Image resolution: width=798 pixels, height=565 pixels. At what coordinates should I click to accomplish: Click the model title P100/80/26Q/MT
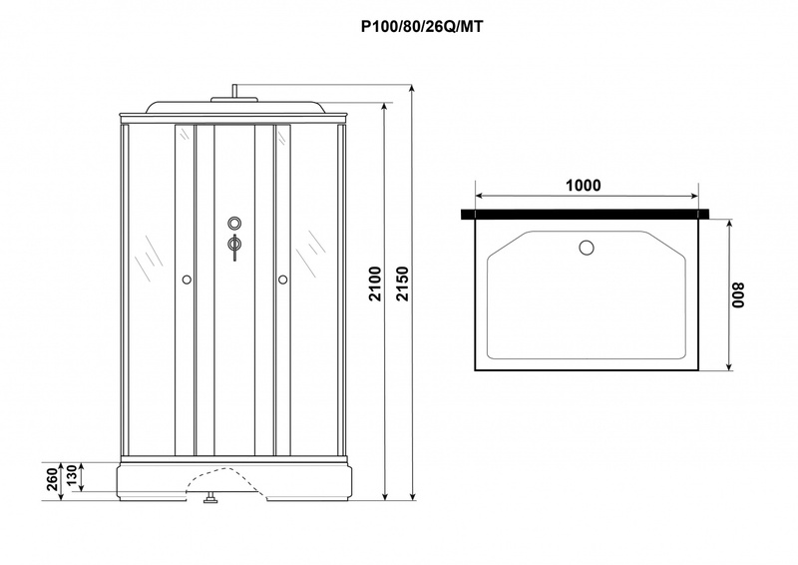421,27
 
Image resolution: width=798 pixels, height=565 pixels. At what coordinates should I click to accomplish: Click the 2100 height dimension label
375,283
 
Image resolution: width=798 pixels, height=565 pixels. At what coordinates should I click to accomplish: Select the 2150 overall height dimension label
403,283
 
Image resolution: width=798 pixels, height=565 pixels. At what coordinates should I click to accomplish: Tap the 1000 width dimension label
584,185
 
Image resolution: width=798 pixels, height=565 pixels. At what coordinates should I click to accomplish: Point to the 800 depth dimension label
738,295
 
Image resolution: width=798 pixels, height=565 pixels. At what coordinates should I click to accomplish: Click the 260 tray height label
53,479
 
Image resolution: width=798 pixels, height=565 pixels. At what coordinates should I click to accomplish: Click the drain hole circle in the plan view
587,249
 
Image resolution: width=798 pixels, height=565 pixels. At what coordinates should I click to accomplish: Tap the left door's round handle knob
187,280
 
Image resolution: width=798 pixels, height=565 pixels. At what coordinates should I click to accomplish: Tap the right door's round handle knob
283,280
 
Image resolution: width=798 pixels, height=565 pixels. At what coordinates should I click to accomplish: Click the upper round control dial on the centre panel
234,223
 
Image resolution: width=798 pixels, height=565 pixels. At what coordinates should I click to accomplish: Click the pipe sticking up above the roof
234,90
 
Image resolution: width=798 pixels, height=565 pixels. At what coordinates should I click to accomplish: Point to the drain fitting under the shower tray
210,498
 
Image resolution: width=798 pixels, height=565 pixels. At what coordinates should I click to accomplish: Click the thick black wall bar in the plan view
586,214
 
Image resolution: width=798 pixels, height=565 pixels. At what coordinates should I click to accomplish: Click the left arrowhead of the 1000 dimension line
479,196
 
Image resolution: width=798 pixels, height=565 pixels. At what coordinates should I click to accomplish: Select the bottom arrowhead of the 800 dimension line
729,366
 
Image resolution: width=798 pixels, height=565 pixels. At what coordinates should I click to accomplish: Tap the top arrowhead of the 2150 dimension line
413,89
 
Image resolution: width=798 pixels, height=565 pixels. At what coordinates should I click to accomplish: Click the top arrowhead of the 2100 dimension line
385,108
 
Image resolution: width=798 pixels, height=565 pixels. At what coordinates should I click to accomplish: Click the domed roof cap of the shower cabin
234,106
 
